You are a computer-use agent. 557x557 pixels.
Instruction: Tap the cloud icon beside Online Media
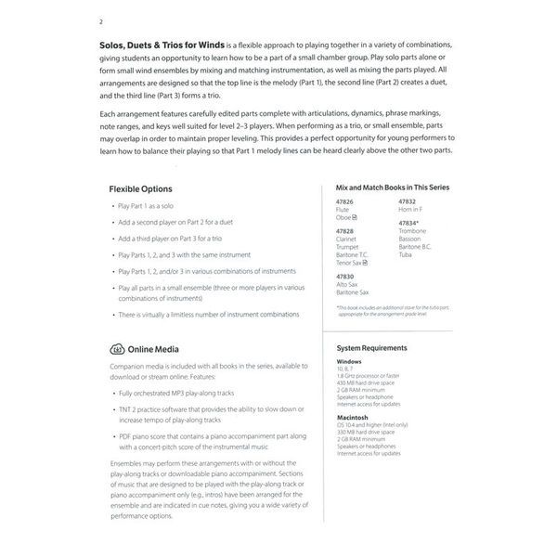pos(117,349)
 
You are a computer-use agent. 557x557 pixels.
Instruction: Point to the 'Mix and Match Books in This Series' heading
pos(392,188)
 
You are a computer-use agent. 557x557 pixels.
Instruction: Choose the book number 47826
pos(345,201)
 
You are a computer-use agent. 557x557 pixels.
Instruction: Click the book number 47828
pos(345,230)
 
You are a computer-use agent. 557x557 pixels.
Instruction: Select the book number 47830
pos(345,276)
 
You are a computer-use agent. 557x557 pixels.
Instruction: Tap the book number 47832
pos(408,201)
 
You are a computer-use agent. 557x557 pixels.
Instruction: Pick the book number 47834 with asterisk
pos(409,223)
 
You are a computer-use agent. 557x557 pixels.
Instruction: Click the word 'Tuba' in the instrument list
pos(406,254)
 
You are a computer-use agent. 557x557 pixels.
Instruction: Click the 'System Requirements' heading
pos(371,347)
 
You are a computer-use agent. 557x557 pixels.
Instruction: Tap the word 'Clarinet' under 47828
pos(348,240)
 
